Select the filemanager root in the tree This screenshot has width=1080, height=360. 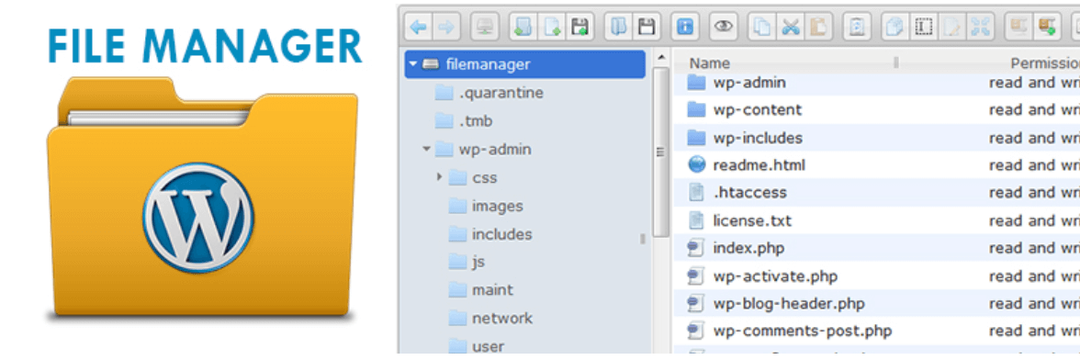pyautogui.click(x=488, y=64)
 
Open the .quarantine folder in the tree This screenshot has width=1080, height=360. pyautogui.click(x=501, y=93)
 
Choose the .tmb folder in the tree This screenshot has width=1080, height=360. pyautogui.click(x=476, y=121)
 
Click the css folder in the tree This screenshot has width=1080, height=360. pyautogui.click(x=484, y=177)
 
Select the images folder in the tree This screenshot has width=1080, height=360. pyautogui.click(x=497, y=206)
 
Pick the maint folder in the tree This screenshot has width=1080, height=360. pyautogui.click(x=492, y=290)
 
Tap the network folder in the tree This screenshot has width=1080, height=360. pyautogui.click(x=501, y=319)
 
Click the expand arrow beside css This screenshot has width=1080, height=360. pyautogui.click(x=440, y=177)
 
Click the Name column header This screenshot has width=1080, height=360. pyautogui.click(x=710, y=63)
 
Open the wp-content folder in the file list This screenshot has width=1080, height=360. pyautogui.click(x=757, y=110)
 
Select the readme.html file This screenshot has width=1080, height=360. pyautogui.click(x=759, y=165)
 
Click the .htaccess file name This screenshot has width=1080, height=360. pyautogui.click(x=749, y=193)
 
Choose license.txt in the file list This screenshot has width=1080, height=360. pyautogui.click(x=751, y=220)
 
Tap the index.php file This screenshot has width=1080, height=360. pyautogui.click(x=748, y=248)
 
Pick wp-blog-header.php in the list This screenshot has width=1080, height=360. pyautogui.click(x=788, y=303)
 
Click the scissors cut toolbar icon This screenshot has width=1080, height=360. pyautogui.click(x=790, y=28)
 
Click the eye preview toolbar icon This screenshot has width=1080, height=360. pyautogui.click(x=723, y=28)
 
